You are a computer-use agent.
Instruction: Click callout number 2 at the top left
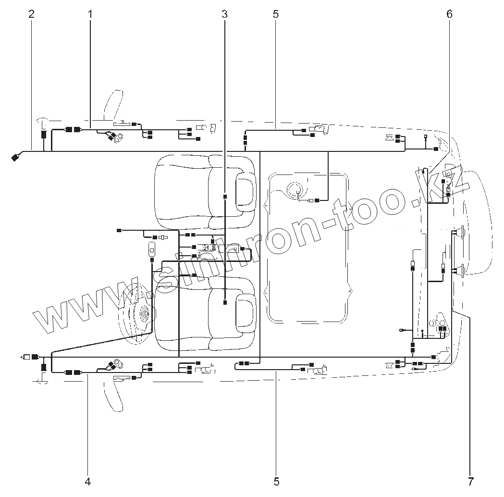[x=31, y=14]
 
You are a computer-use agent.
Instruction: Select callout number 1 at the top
[x=90, y=14]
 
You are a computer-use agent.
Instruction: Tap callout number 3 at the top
[x=224, y=14]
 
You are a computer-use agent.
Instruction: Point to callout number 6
[x=449, y=14]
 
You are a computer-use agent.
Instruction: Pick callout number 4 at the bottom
[x=88, y=481]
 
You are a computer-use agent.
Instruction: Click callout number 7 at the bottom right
[x=470, y=481]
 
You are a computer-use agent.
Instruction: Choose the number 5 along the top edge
[x=276, y=14]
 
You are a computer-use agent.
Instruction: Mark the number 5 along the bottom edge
[x=276, y=481]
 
